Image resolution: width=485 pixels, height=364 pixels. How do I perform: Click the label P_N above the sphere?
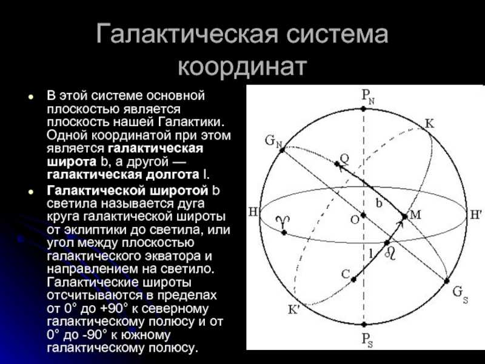[368, 97]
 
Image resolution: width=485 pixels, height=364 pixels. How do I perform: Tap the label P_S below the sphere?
[367, 340]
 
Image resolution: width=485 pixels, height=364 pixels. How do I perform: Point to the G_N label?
[274, 141]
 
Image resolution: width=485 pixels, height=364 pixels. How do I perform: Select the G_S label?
[460, 294]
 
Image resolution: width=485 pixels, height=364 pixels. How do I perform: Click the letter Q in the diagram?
[344, 159]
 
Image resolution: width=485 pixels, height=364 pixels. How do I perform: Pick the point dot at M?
[404, 217]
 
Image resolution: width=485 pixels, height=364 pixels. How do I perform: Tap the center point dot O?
[363, 215]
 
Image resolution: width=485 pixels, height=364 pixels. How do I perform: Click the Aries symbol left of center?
[284, 221]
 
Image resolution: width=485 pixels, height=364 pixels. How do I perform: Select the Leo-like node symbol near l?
[390, 254]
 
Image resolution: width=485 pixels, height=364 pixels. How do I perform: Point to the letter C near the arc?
[346, 274]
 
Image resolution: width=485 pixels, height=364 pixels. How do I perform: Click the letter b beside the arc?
[379, 203]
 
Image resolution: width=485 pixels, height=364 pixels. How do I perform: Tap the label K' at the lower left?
[293, 309]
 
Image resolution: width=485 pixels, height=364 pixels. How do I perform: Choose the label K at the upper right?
[430, 124]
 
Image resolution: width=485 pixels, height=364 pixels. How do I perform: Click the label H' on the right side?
[476, 215]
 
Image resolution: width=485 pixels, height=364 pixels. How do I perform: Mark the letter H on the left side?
[253, 212]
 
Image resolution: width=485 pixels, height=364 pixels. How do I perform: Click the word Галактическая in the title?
[187, 33]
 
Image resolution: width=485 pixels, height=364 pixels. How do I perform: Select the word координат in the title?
[242, 67]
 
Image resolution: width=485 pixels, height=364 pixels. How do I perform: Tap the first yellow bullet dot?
[30, 96]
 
